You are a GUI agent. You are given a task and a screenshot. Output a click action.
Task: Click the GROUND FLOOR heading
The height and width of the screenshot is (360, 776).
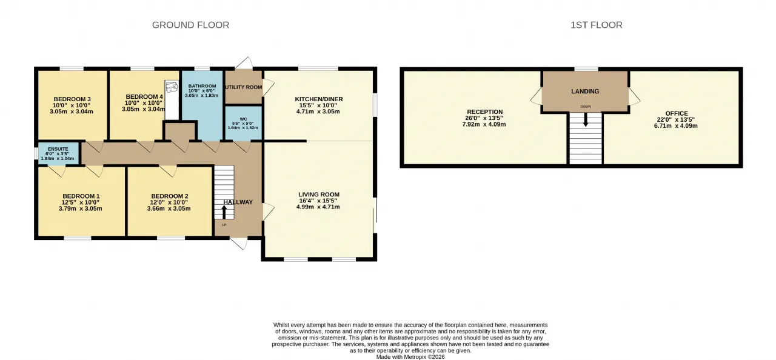point(190,25)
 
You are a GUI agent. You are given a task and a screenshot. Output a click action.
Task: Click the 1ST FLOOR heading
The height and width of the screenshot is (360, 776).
point(597,25)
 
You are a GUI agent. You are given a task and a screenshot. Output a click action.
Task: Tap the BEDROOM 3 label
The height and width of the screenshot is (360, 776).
point(72,99)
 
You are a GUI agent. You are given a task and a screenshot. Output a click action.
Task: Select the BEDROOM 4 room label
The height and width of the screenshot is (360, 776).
point(144,96)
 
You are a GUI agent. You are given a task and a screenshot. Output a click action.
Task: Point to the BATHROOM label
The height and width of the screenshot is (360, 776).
point(202,86)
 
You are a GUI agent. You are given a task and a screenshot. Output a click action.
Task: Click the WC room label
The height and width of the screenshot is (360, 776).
point(243,119)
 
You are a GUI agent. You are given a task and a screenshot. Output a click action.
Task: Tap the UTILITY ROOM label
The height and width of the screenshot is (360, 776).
point(244,87)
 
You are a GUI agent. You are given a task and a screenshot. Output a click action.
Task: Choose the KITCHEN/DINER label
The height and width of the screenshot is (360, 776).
point(319,99)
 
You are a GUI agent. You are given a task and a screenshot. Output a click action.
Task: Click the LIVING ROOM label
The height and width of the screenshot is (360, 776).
point(319,195)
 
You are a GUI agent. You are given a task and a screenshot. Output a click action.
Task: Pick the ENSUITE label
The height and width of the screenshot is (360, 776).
point(58,149)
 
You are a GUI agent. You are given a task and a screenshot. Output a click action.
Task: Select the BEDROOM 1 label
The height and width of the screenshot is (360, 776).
point(81,196)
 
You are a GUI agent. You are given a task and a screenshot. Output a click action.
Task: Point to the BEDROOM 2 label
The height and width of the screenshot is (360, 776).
point(170,196)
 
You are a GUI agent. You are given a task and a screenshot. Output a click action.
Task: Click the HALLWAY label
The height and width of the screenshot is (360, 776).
point(238,202)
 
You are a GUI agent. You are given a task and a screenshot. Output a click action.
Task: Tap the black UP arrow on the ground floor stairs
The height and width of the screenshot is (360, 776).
point(224,212)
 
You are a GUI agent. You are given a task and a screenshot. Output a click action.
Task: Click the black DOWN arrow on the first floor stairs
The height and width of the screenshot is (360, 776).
point(586,119)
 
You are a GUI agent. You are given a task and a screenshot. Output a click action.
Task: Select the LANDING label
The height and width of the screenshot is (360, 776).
point(585,92)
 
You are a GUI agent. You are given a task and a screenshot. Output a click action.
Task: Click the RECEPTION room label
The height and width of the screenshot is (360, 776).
point(484,112)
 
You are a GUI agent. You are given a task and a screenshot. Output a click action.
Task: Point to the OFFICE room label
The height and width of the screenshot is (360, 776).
point(677,113)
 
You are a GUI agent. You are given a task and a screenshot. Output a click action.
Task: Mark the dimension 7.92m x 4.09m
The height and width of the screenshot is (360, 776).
point(484,124)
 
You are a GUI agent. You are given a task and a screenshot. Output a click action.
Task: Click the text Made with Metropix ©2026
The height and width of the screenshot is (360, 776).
point(410,357)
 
